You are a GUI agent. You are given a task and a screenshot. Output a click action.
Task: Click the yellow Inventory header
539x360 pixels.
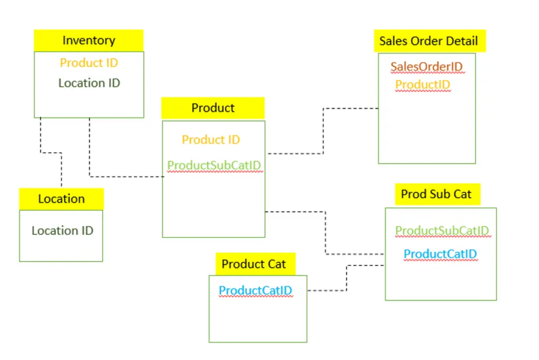(x=88, y=41)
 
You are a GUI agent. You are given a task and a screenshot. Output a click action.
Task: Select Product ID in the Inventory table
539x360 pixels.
(x=88, y=63)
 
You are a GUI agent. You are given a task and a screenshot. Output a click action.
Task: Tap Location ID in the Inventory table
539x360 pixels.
(x=89, y=83)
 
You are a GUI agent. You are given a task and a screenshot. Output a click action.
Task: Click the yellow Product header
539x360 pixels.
(x=213, y=108)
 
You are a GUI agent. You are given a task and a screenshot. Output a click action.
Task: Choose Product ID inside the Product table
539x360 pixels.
(x=211, y=139)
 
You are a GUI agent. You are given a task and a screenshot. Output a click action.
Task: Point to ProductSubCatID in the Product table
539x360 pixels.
(x=214, y=165)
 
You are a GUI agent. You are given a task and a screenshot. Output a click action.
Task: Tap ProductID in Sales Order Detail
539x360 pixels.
(x=423, y=85)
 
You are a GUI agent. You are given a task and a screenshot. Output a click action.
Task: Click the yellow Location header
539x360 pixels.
(x=61, y=199)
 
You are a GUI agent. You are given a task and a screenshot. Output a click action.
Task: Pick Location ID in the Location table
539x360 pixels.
(x=62, y=231)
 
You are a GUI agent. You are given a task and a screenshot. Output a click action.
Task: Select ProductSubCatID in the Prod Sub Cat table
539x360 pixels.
(x=442, y=231)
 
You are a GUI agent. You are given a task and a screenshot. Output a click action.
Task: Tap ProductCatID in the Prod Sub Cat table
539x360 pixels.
(x=440, y=254)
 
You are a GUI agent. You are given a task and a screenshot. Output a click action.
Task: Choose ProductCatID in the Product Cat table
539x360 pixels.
(x=255, y=291)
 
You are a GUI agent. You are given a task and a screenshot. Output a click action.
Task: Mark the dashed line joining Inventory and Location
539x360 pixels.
(x=51, y=153)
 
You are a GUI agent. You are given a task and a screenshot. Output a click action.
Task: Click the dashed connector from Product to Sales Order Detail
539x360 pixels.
(x=323, y=131)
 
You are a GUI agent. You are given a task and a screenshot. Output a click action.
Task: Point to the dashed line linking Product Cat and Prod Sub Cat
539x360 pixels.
(x=346, y=278)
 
